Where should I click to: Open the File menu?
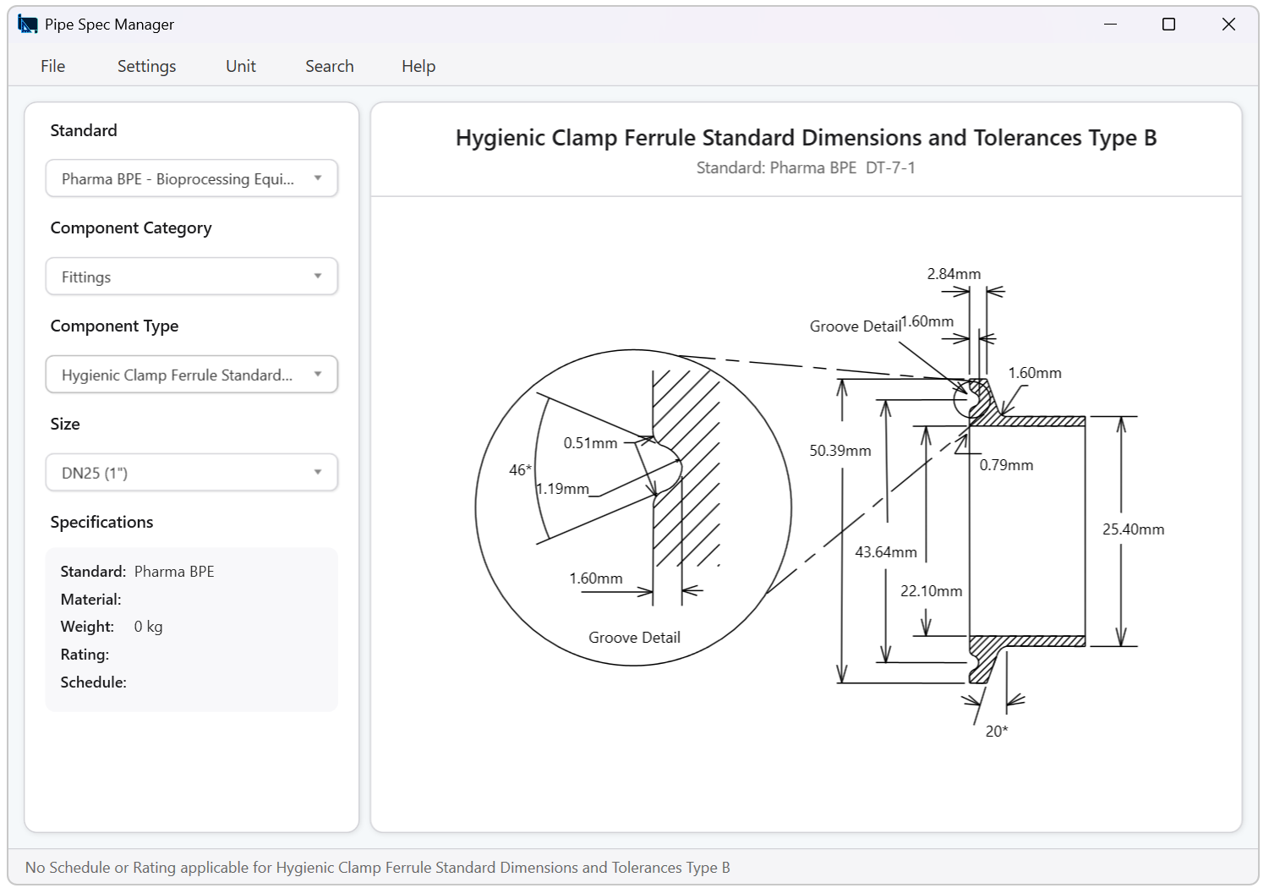(x=52, y=66)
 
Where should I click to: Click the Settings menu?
(x=146, y=66)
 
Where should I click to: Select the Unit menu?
(x=241, y=66)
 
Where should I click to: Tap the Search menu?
(x=329, y=66)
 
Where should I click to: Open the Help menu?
(x=418, y=66)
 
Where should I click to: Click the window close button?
(x=1228, y=25)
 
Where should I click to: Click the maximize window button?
(x=1168, y=25)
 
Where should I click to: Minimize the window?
(x=1110, y=25)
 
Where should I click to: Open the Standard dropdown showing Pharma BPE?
(x=192, y=178)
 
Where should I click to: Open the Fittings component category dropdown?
(x=192, y=277)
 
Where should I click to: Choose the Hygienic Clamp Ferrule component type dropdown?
(x=192, y=375)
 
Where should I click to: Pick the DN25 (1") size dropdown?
(x=192, y=473)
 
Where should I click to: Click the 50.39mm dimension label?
(x=840, y=451)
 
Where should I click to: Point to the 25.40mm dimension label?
(x=1133, y=529)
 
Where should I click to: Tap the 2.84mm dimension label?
(x=954, y=274)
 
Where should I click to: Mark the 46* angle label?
(x=520, y=470)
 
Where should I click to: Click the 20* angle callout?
(x=997, y=732)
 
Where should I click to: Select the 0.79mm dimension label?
(x=1006, y=465)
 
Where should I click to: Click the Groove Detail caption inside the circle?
(x=634, y=638)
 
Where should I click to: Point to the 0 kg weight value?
(x=148, y=627)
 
